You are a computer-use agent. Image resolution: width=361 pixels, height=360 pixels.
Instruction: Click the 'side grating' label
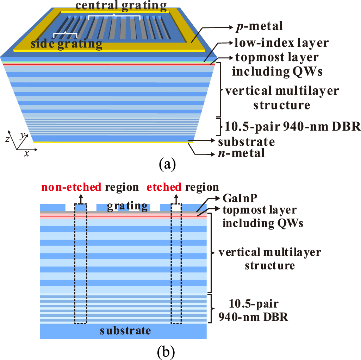coord(67,44)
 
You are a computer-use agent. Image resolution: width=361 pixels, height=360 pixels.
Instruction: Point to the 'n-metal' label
coord(241,153)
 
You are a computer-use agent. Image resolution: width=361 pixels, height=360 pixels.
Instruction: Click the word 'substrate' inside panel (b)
coord(125,331)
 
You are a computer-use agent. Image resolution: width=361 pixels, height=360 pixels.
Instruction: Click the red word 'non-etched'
coord(70,187)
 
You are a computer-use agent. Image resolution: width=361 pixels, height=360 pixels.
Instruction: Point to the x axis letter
coord(26,154)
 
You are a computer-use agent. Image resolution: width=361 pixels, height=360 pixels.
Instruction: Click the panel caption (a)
coord(167,164)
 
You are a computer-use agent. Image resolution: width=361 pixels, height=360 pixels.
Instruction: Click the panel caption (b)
coord(167,350)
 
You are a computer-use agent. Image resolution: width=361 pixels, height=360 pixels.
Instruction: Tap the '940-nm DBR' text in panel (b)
coord(258,317)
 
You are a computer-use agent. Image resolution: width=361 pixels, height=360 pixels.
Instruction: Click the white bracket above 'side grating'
coord(65,34)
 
